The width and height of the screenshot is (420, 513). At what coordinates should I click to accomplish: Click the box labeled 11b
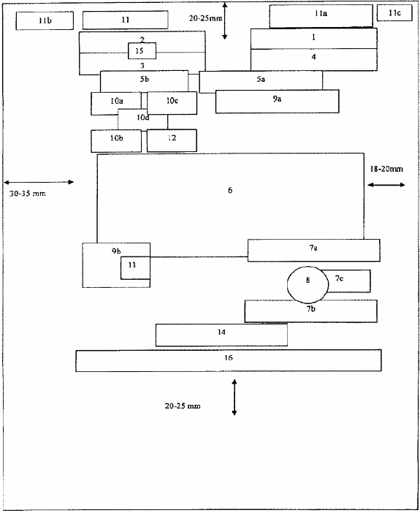click(45, 20)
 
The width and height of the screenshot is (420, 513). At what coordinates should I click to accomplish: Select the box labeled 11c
click(394, 13)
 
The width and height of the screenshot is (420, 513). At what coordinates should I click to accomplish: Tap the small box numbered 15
click(142, 51)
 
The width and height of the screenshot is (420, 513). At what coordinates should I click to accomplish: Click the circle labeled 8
click(308, 285)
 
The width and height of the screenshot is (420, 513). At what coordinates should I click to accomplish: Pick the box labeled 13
click(135, 268)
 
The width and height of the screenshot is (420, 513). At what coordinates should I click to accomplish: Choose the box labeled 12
click(172, 141)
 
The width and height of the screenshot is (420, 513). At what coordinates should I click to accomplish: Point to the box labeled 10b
click(116, 141)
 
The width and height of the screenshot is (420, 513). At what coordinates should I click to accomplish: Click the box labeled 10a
click(116, 103)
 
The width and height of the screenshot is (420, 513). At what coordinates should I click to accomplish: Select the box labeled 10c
click(172, 103)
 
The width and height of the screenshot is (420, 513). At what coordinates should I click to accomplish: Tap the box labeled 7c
click(348, 281)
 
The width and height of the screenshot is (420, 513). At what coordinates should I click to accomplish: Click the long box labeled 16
click(229, 360)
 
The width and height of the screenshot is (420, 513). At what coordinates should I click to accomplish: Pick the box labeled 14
click(221, 335)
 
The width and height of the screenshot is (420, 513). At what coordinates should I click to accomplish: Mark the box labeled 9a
click(277, 102)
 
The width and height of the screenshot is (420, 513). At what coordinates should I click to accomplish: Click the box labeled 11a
click(321, 16)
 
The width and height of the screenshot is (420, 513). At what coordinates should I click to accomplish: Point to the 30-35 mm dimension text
click(28, 194)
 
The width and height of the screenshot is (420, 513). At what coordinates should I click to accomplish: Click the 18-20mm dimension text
click(386, 169)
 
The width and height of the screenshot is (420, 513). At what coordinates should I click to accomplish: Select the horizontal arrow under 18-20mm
click(386, 185)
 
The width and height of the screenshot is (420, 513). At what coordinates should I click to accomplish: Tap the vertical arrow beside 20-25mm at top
click(225, 21)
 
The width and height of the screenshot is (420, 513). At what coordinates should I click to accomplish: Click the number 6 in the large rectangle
click(230, 190)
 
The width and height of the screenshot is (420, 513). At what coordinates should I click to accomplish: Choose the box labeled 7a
click(314, 250)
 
